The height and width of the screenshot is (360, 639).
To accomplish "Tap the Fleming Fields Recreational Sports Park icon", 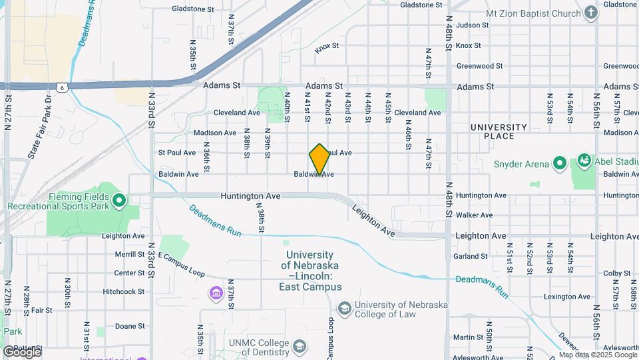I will (x=120, y=199).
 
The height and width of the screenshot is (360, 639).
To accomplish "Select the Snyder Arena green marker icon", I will (x=560, y=163).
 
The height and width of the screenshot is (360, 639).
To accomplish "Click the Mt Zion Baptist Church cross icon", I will (x=590, y=11).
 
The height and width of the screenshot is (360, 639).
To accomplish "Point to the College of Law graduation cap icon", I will (x=344, y=307).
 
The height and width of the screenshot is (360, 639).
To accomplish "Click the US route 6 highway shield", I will (x=61, y=87).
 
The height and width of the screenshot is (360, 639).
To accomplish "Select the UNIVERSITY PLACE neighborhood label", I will (x=499, y=131).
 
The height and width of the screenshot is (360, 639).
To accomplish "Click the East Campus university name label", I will (x=310, y=271).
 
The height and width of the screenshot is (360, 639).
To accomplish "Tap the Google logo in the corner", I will (x=22, y=351).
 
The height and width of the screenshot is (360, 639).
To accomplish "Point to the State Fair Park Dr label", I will (x=41, y=127).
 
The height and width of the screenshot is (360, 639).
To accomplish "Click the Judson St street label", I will (x=473, y=25).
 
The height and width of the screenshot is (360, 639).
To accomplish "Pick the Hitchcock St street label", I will (x=124, y=291).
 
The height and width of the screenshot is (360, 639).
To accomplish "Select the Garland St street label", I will (x=472, y=256).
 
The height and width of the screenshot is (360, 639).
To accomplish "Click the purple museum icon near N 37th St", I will (x=215, y=293).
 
